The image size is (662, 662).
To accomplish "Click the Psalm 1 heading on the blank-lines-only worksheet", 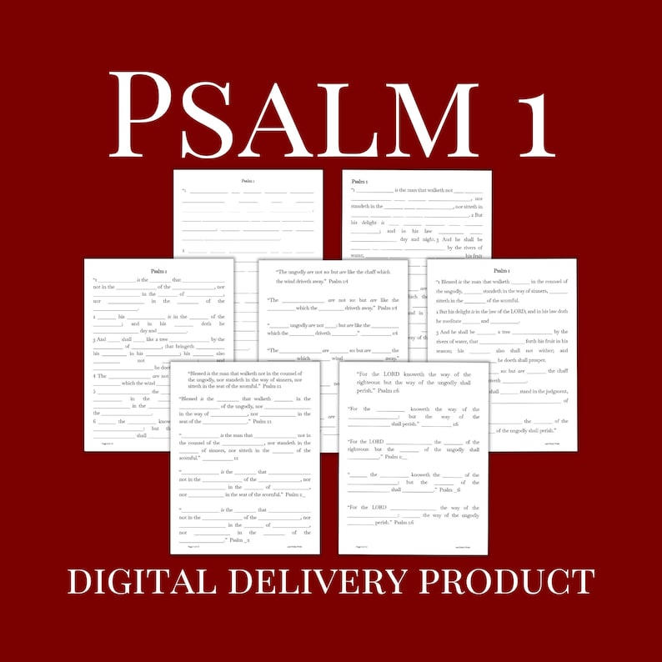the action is click(248, 180).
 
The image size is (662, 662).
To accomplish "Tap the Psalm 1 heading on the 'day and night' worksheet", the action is click(359, 181).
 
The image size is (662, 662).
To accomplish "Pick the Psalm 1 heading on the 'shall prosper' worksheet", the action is click(502, 271).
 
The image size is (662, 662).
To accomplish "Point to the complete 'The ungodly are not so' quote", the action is click(333, 277).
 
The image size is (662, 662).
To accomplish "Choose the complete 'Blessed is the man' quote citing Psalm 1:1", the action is click(245, 380).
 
